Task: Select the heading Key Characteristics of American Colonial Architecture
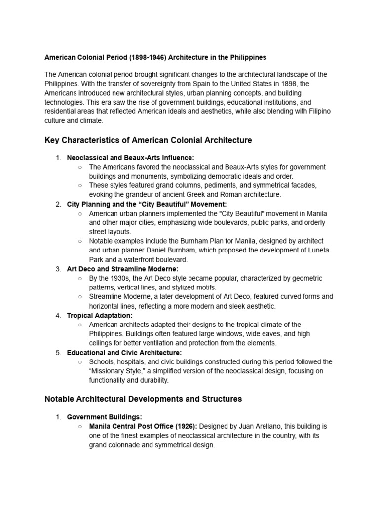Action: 148,140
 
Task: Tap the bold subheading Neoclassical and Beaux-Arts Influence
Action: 131,158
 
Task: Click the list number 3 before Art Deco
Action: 58,269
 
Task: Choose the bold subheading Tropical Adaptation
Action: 100,315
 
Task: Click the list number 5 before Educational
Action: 58,353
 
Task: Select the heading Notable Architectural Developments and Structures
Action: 143,399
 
